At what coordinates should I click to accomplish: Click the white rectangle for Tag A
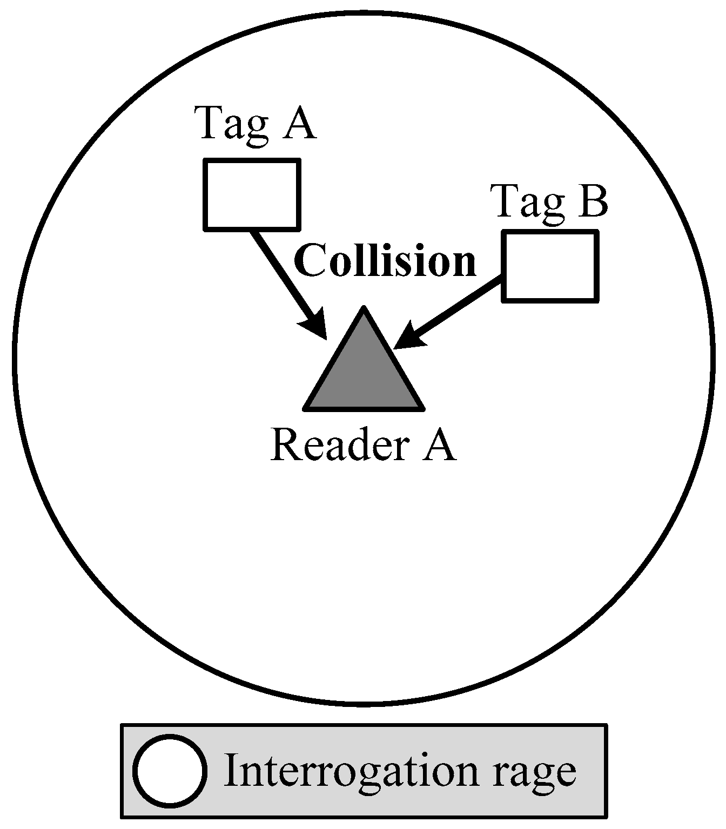pos(251,194)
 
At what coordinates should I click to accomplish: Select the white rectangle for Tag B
pos(550,266)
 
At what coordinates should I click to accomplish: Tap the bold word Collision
pos(385,260)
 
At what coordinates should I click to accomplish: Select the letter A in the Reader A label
pos(438,444)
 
